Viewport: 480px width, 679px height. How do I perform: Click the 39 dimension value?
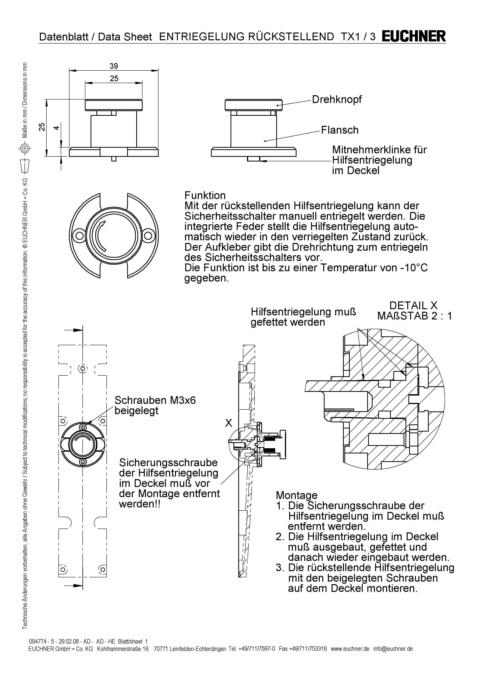pos(114,66)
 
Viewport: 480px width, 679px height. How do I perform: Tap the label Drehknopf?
pos(337,100)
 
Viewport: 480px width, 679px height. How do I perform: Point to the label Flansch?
pos(340,130)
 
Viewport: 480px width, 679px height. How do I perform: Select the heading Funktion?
pos(205,196)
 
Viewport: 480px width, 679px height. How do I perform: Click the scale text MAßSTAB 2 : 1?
pos(414,316)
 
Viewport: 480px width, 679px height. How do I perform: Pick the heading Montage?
pos(297,495)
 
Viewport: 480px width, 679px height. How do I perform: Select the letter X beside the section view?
pos(228,423)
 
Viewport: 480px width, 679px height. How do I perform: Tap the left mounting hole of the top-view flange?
pos(79,236)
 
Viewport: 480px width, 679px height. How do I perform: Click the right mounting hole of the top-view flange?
pos(149,236)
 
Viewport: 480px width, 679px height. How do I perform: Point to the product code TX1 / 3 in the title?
pos(358,37)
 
